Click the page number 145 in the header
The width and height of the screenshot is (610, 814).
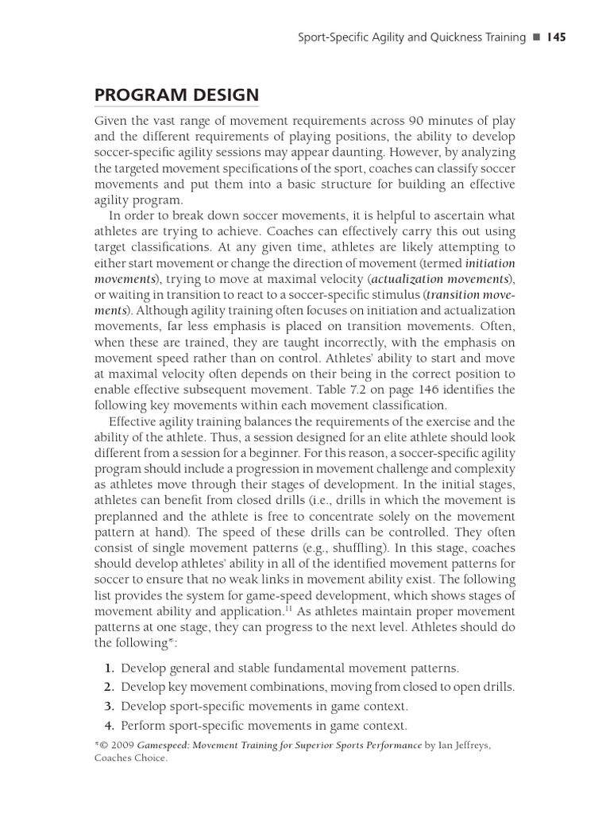pos(554,37)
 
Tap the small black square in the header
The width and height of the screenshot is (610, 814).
pos(536,37)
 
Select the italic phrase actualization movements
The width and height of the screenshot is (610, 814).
pos(439,278)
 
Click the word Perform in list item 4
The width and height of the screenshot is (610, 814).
pos(143,726)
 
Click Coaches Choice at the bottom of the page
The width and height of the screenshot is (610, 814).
pos(130,758)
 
